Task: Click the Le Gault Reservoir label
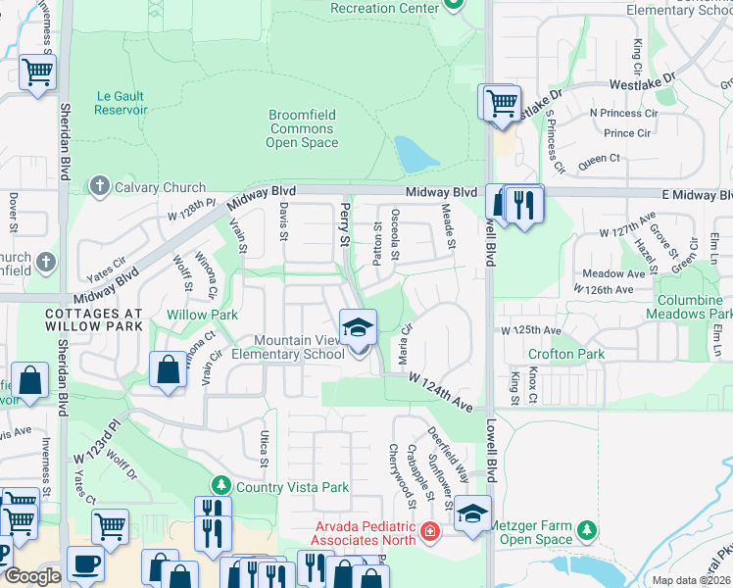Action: coord(121,103)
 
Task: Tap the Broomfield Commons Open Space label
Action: coord(302,128)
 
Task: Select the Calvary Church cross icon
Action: coord(99,186)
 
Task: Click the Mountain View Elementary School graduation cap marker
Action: coord(359,327)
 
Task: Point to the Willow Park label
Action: coord(202,315)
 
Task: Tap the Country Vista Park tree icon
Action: coord(221,486)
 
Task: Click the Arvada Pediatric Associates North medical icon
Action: coord(429,532)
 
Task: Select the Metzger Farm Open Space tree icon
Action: coord(586,530)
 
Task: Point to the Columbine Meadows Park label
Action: coord(689,306)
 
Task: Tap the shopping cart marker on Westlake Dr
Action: coord(500,102)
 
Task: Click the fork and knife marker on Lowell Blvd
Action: coord(524,205)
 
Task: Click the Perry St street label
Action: coord(344,224)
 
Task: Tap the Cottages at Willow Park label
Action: coord(93,319)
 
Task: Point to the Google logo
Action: coord(32,576)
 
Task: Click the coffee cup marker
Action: coord(86,566)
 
